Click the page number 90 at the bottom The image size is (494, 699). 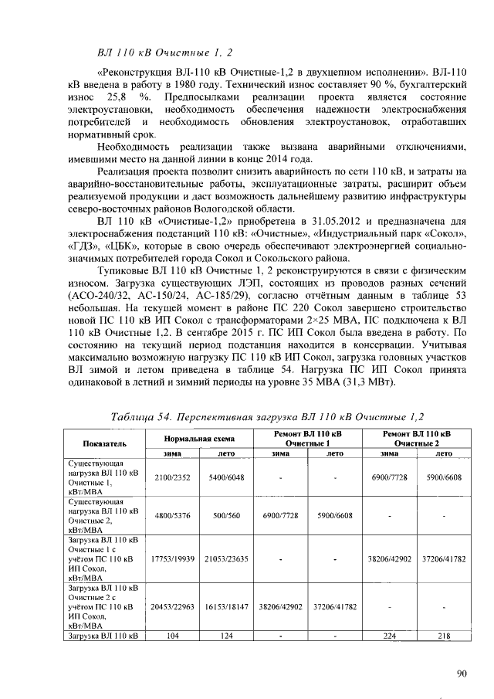pos(462,674)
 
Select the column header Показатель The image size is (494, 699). pos(105,443)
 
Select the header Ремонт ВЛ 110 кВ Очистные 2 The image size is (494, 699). pos(416,438)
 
